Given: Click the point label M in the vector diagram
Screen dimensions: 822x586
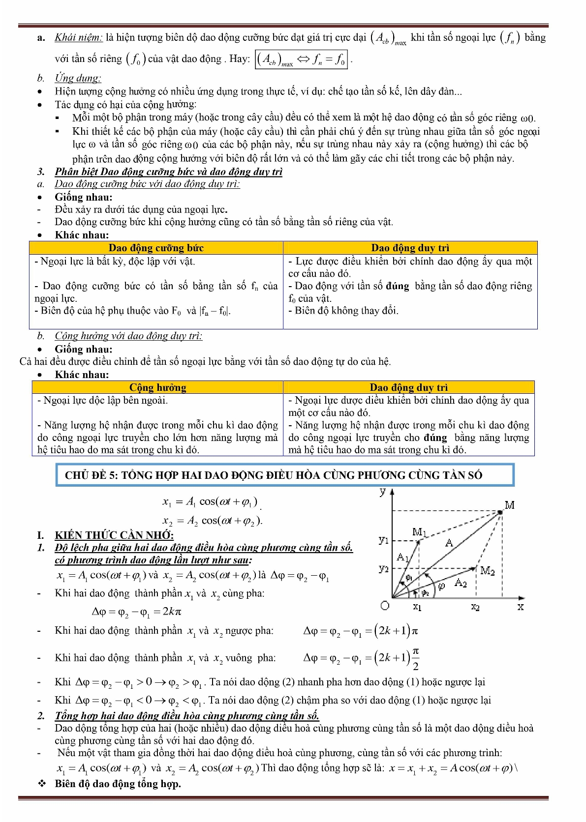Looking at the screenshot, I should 510,505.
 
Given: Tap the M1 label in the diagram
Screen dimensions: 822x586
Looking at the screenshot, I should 419,532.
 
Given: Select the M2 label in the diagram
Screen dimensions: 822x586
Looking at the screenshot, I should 487,571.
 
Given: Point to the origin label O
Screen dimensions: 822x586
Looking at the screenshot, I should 385,606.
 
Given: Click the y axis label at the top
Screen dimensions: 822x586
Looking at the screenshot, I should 383,492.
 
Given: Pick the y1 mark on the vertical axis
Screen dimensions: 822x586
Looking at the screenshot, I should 384,539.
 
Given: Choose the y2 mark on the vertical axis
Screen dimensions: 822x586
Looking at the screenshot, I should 384,568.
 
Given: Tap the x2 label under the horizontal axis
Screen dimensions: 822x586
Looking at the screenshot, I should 475,607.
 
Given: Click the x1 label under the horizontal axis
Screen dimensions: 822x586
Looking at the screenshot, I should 417,607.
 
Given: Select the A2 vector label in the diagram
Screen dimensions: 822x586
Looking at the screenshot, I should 461,583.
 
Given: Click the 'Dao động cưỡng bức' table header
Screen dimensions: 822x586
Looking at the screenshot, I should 156,248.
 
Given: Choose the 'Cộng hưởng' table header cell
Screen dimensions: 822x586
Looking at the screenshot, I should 157,387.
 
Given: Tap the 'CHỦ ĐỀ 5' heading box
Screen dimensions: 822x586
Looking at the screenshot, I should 285,475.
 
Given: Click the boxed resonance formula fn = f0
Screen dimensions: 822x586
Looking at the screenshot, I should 301,59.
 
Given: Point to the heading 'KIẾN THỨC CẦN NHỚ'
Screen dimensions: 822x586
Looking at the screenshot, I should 114,535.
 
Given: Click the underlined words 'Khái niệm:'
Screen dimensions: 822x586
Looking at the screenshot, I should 79,37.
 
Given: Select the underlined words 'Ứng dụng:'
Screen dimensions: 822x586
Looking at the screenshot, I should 78,78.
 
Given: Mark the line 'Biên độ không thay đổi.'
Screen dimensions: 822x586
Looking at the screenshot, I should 346,311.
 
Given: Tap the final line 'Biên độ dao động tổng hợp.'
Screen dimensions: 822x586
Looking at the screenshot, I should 118,784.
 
